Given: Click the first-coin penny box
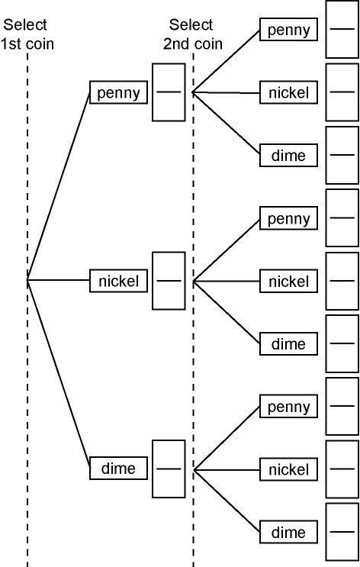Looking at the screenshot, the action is tap(118, 92).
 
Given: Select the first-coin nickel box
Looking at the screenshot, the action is tap(118, 281).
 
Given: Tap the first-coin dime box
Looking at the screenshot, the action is tap(118, 469).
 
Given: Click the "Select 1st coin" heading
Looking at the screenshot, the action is tap(27, 34).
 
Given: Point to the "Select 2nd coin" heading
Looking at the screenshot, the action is tap(193, 34).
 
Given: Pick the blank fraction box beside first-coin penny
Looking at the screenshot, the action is tap(169, 92).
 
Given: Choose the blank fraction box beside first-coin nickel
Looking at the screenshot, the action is tap(169, 281).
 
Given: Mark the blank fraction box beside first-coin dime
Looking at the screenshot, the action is tap(169, 469).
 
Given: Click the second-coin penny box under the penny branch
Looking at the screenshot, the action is tap(288, 29).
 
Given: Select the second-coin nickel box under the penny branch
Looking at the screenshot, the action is tap(288, 92).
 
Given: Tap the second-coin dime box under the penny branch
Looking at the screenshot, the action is tap(288, 155).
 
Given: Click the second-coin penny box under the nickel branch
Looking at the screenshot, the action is tap(288, 218).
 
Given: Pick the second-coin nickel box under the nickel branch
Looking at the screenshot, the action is tap(288, 281).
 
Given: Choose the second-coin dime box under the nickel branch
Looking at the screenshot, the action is tap(288, 343).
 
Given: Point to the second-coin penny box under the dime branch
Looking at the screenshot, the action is tap(288, 407).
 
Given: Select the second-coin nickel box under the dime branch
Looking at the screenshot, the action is tap(288, 469).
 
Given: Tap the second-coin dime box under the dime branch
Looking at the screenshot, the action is tap(288, 532).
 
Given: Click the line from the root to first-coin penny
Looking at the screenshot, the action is tap(59, 186).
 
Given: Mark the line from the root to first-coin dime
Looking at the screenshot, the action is tap(59, 374).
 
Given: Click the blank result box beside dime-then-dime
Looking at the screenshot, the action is tap(342, 532).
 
